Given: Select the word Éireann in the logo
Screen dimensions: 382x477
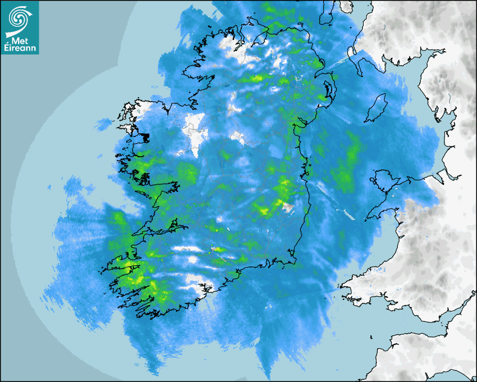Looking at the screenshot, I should [20, 48].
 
